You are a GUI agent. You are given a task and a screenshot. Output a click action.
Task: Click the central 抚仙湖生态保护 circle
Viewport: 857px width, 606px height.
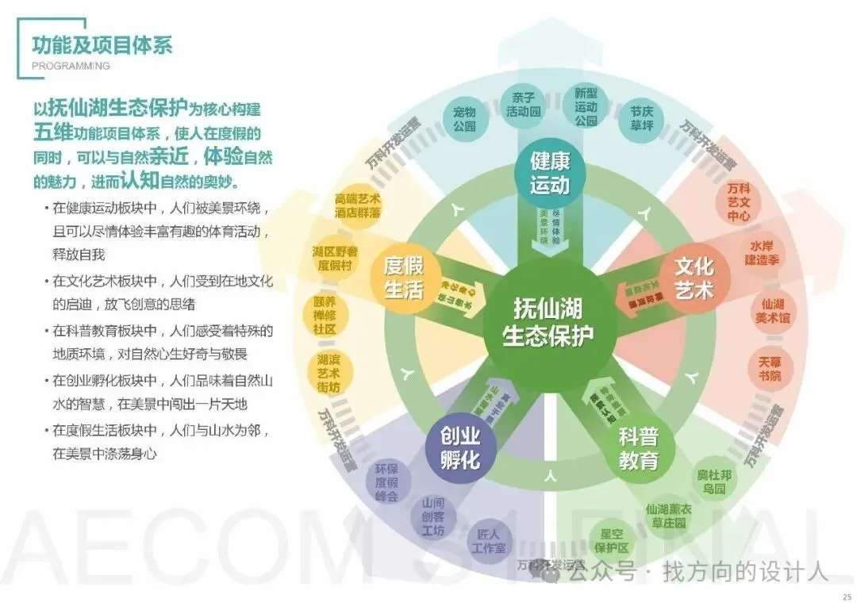click(x=548, y=322)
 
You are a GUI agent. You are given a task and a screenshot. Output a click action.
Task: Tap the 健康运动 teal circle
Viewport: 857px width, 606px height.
click(x=550, y=174)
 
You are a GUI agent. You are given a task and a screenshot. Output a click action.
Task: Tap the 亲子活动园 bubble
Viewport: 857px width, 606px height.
click(x=524, y=105)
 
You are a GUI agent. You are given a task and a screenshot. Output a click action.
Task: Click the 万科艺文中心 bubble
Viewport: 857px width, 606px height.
click(x=740, y=202)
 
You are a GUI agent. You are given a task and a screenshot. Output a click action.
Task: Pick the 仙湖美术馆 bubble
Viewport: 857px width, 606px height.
click(x=772, y=310)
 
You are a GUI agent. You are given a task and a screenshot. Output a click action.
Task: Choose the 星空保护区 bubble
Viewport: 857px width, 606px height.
click(x=613, y=540)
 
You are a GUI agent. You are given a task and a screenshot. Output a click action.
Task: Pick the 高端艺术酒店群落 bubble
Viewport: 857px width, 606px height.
click(x=357, y=205)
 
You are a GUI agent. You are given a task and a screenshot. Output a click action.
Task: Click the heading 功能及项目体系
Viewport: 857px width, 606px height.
click(x=102, y=43)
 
